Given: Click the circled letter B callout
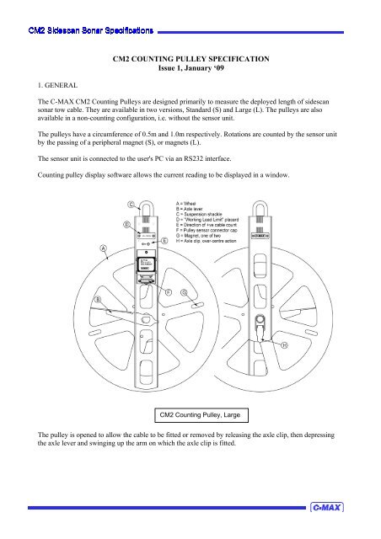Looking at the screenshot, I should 98,299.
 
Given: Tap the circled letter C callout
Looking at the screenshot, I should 131,204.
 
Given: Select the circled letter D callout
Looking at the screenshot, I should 126,225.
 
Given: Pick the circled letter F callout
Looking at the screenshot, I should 169,291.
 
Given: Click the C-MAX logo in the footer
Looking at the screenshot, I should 326,508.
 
